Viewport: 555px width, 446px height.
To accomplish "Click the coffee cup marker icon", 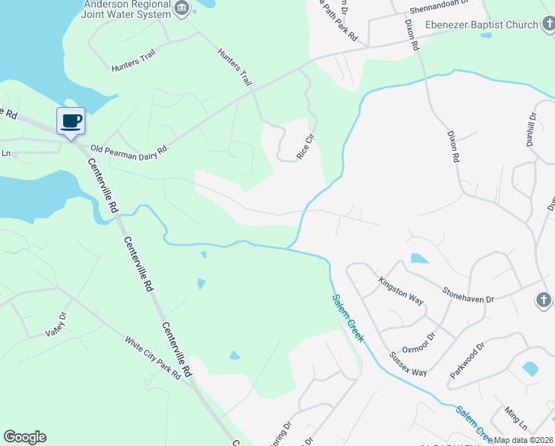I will (x=70, y=121).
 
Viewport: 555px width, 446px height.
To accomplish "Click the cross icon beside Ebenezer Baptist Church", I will (x=548, y=25).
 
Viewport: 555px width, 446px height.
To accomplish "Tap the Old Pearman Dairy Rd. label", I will (x=130, y=149).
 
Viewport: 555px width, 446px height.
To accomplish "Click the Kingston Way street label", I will (x=401, y=291).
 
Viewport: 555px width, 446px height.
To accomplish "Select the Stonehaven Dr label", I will (x=468, y=294).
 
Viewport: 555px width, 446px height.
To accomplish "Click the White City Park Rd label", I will (x=153, y=359).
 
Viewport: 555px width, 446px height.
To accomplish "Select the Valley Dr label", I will (x=56, y=324).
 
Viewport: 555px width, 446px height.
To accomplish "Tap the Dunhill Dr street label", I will (x=531, y=131).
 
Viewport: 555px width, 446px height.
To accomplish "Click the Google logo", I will (x=24, y=437).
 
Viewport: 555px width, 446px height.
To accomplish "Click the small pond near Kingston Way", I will (x=419, y=259).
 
